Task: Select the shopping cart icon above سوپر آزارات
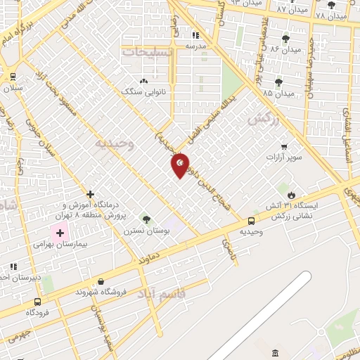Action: [284, 146]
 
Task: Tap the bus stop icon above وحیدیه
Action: [252, 221]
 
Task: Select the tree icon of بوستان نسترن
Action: [146, 219]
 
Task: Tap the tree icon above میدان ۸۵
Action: [279, 82]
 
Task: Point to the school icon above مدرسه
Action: [195, 34]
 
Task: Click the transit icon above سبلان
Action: [13, 77]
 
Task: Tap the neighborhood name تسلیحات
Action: [146, 51]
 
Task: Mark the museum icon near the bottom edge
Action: [275, 352]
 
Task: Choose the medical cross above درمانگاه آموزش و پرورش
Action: [90, 193]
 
